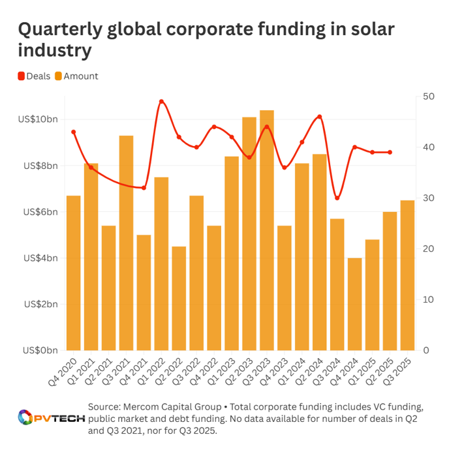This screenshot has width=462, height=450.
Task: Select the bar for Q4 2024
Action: click(354, 304)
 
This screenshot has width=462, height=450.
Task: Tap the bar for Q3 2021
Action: click(126, 243)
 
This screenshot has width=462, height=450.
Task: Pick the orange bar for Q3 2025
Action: click(407, 275)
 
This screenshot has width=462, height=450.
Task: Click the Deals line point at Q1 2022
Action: click(161, 102)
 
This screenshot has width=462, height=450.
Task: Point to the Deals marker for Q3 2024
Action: click(337, 198)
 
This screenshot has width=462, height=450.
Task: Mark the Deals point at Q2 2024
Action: click(319, 117)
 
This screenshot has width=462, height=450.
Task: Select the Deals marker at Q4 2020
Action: click(74, 132)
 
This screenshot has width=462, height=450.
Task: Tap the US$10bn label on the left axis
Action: click(38, 120)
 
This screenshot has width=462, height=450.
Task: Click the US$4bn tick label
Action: click(40, 258)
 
